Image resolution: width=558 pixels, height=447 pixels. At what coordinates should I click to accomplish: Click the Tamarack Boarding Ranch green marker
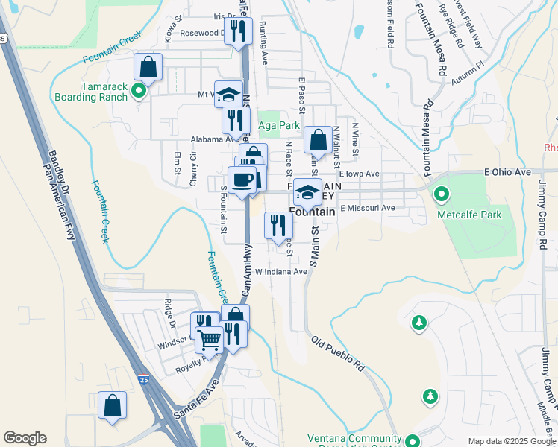click(138, 92)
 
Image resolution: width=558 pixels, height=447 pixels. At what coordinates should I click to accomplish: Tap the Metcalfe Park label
click(469, 215)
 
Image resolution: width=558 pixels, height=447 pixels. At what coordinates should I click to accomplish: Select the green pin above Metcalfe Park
click(442, 196)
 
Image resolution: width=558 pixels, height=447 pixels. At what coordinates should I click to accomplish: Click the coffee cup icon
click(242, 180)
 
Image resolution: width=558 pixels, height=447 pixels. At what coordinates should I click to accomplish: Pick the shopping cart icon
click(210, 340)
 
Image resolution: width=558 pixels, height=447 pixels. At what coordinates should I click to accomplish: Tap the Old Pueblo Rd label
click(337, 356)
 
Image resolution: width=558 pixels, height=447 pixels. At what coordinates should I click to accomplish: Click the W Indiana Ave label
click(281, 272)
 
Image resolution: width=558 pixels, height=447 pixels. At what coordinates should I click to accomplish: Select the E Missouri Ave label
click(367, 209)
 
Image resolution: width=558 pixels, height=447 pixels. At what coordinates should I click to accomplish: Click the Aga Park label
click(279, 126)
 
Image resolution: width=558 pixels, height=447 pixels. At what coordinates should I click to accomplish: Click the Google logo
click(25, 438)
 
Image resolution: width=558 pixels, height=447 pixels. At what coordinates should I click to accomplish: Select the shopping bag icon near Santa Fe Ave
click(112, 406)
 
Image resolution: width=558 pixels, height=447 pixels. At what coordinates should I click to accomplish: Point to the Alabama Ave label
click(213, 139)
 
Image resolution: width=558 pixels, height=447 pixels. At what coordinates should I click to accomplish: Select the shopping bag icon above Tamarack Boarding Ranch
click(148, 67)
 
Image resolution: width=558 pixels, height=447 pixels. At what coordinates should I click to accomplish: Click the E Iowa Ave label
click(360, 174)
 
